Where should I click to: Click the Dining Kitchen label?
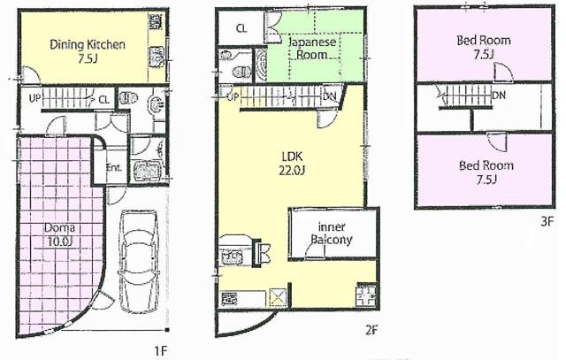(x=87, y=45)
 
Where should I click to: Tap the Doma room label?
(x=60, y=226)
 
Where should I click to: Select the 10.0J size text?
(x=60, y=241)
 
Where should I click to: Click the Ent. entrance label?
(x=115, y=167)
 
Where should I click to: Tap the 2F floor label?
(x=371, y=332)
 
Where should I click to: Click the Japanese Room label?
(x=310, y=47)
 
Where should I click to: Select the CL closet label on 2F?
(x=241, y=28)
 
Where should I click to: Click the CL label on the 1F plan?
(x=103, y=99)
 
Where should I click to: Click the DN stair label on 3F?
(x=498, y=94)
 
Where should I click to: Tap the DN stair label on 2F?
(x=328, y=96)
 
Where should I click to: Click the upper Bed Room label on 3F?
(x=483, y=47)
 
